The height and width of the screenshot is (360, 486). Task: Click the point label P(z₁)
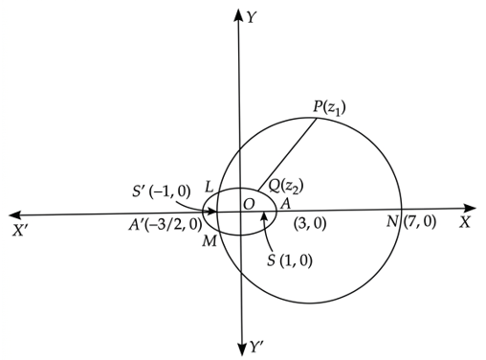coord(329,108)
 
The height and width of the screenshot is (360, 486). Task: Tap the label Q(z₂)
coord(286,186)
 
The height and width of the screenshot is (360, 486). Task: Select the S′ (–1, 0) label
coord(162,191)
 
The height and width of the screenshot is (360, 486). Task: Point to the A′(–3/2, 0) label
coord(166,225)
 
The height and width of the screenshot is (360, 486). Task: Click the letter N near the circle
coord(392,221)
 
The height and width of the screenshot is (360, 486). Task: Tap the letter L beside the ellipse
coord(209,187)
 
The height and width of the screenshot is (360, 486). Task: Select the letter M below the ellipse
coord(210,241)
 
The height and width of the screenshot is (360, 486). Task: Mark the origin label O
coord(249,204)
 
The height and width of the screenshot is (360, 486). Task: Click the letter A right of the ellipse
coord(285,204)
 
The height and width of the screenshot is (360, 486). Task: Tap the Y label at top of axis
coord(252,18)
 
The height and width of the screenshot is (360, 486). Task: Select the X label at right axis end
coord(465,222)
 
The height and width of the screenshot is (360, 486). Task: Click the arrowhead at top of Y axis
coord(238,15)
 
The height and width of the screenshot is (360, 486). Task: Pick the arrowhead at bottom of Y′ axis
coord(242,349)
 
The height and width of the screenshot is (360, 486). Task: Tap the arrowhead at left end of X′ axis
coord(15,214)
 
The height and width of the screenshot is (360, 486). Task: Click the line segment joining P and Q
coord(287,155)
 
